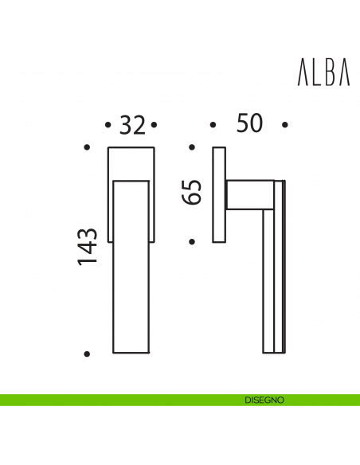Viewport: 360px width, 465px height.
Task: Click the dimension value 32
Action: (x=132, y=126)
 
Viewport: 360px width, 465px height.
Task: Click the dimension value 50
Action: (x=249, y=124)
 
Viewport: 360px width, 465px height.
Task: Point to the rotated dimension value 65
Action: (x=192, y=193)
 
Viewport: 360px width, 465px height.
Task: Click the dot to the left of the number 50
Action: (x=213, y=125)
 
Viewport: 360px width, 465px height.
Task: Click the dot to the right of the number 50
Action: (x=284, y=125)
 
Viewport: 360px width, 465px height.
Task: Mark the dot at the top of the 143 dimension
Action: (x=88, y=147)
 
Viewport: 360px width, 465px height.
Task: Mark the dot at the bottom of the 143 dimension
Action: (x=88, y=353)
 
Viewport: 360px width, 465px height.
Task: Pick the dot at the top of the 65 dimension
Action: (x=192, y=147)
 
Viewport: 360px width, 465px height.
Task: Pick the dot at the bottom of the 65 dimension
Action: (x=192, y=240)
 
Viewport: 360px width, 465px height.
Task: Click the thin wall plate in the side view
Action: (x=219, y=194)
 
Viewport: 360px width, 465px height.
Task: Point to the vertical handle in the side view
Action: (x=269, y=279)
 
